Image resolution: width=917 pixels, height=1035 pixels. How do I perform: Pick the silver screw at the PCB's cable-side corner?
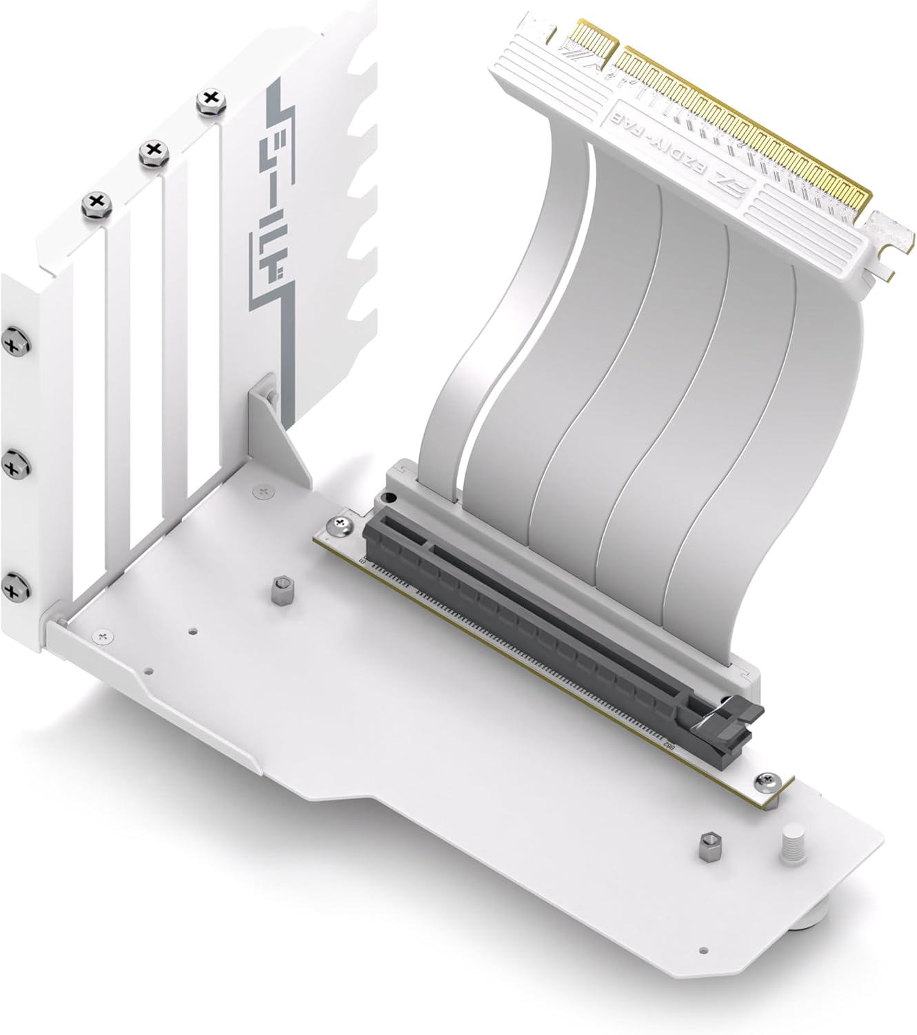(x=342, y=526)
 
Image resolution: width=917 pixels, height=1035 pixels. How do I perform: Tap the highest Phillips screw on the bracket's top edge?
(x=207, y=101)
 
